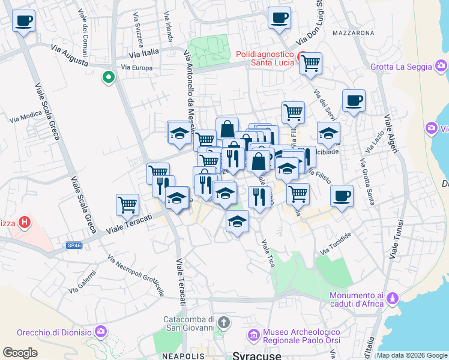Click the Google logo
click(x=20, y=353)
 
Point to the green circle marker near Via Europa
click(x=109, y=77)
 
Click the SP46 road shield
click(x=73, y=245)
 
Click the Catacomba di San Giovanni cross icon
click(x=223, y=323)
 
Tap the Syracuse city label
click(x=257, y=355)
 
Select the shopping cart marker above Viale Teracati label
click(x=127, y=204)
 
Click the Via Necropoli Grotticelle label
click(x=136, y=275)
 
